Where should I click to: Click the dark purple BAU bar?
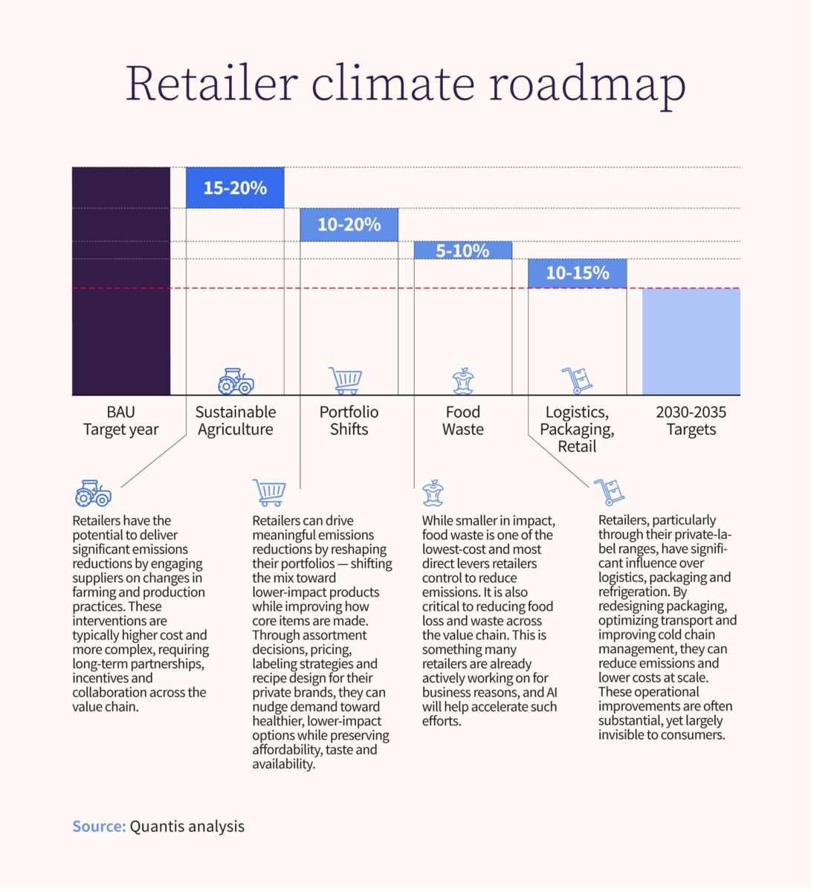[121, 281]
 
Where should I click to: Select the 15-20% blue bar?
[235, 188]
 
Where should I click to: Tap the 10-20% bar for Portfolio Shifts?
[349, 224]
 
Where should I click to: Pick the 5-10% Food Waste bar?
[462, 251]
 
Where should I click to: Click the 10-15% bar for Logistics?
[577, 273]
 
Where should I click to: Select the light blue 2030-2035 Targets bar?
[691, 341]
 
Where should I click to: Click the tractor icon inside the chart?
[236, 381]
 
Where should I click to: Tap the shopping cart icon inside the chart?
[346, 380]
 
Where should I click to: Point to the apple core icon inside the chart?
[463, 381]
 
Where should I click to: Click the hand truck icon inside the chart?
[577, 380]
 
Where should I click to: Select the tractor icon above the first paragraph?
[93, 493]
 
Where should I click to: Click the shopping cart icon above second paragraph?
[269, 492]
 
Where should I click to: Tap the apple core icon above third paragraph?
[433, 493]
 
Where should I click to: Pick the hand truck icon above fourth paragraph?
[610, 491]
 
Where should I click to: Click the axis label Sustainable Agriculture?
[235, 421]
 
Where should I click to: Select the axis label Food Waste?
[462, 421]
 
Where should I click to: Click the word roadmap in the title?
[587, 83]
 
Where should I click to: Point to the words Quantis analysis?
[187, 827]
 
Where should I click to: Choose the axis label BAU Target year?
[121, 421]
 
